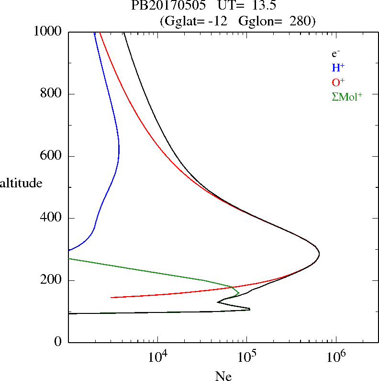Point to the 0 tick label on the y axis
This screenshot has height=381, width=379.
point(59,342)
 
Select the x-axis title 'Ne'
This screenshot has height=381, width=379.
point(223,376)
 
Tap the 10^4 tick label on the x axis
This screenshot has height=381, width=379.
point(158,356)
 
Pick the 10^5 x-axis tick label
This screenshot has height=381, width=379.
point(247,356)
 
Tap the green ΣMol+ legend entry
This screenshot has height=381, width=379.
point(347,96)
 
